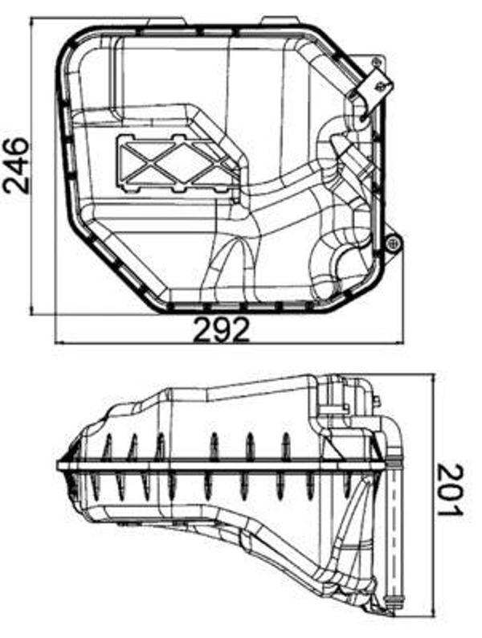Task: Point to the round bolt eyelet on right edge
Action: click(x=392, y=244)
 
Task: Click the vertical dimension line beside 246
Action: click(x=31, y=165)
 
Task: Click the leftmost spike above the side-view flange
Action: click(x=107, y=446)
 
